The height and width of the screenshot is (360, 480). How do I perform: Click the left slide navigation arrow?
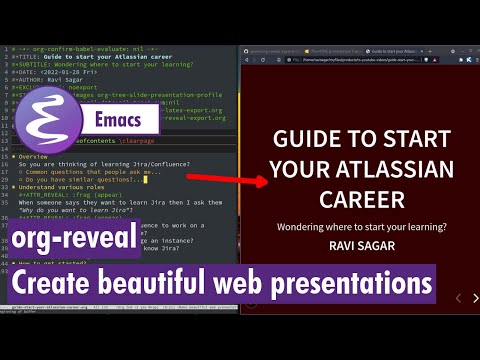pyautogui.click(x=457, y=298)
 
